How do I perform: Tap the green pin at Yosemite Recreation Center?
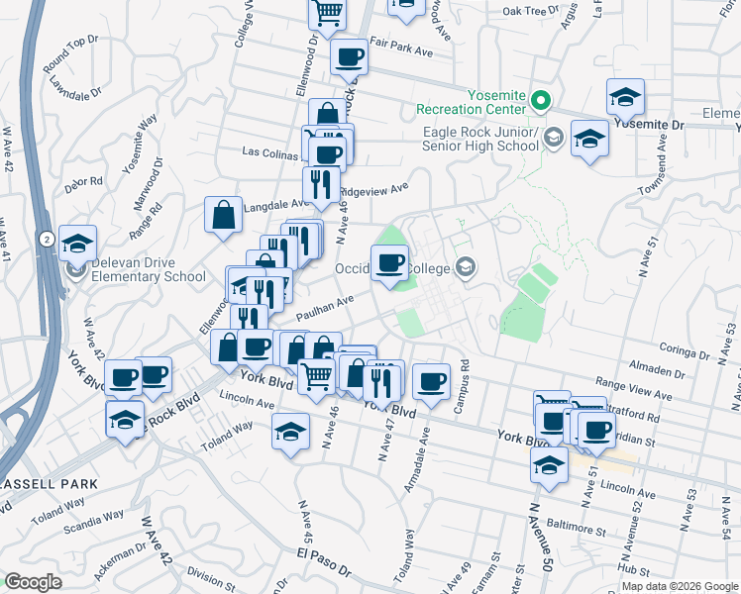541,100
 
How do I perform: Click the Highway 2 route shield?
48,239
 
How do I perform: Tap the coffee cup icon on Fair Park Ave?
349,56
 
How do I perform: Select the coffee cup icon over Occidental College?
389,261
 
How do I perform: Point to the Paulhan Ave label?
326,309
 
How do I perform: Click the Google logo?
34,582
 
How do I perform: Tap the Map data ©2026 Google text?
680,586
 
